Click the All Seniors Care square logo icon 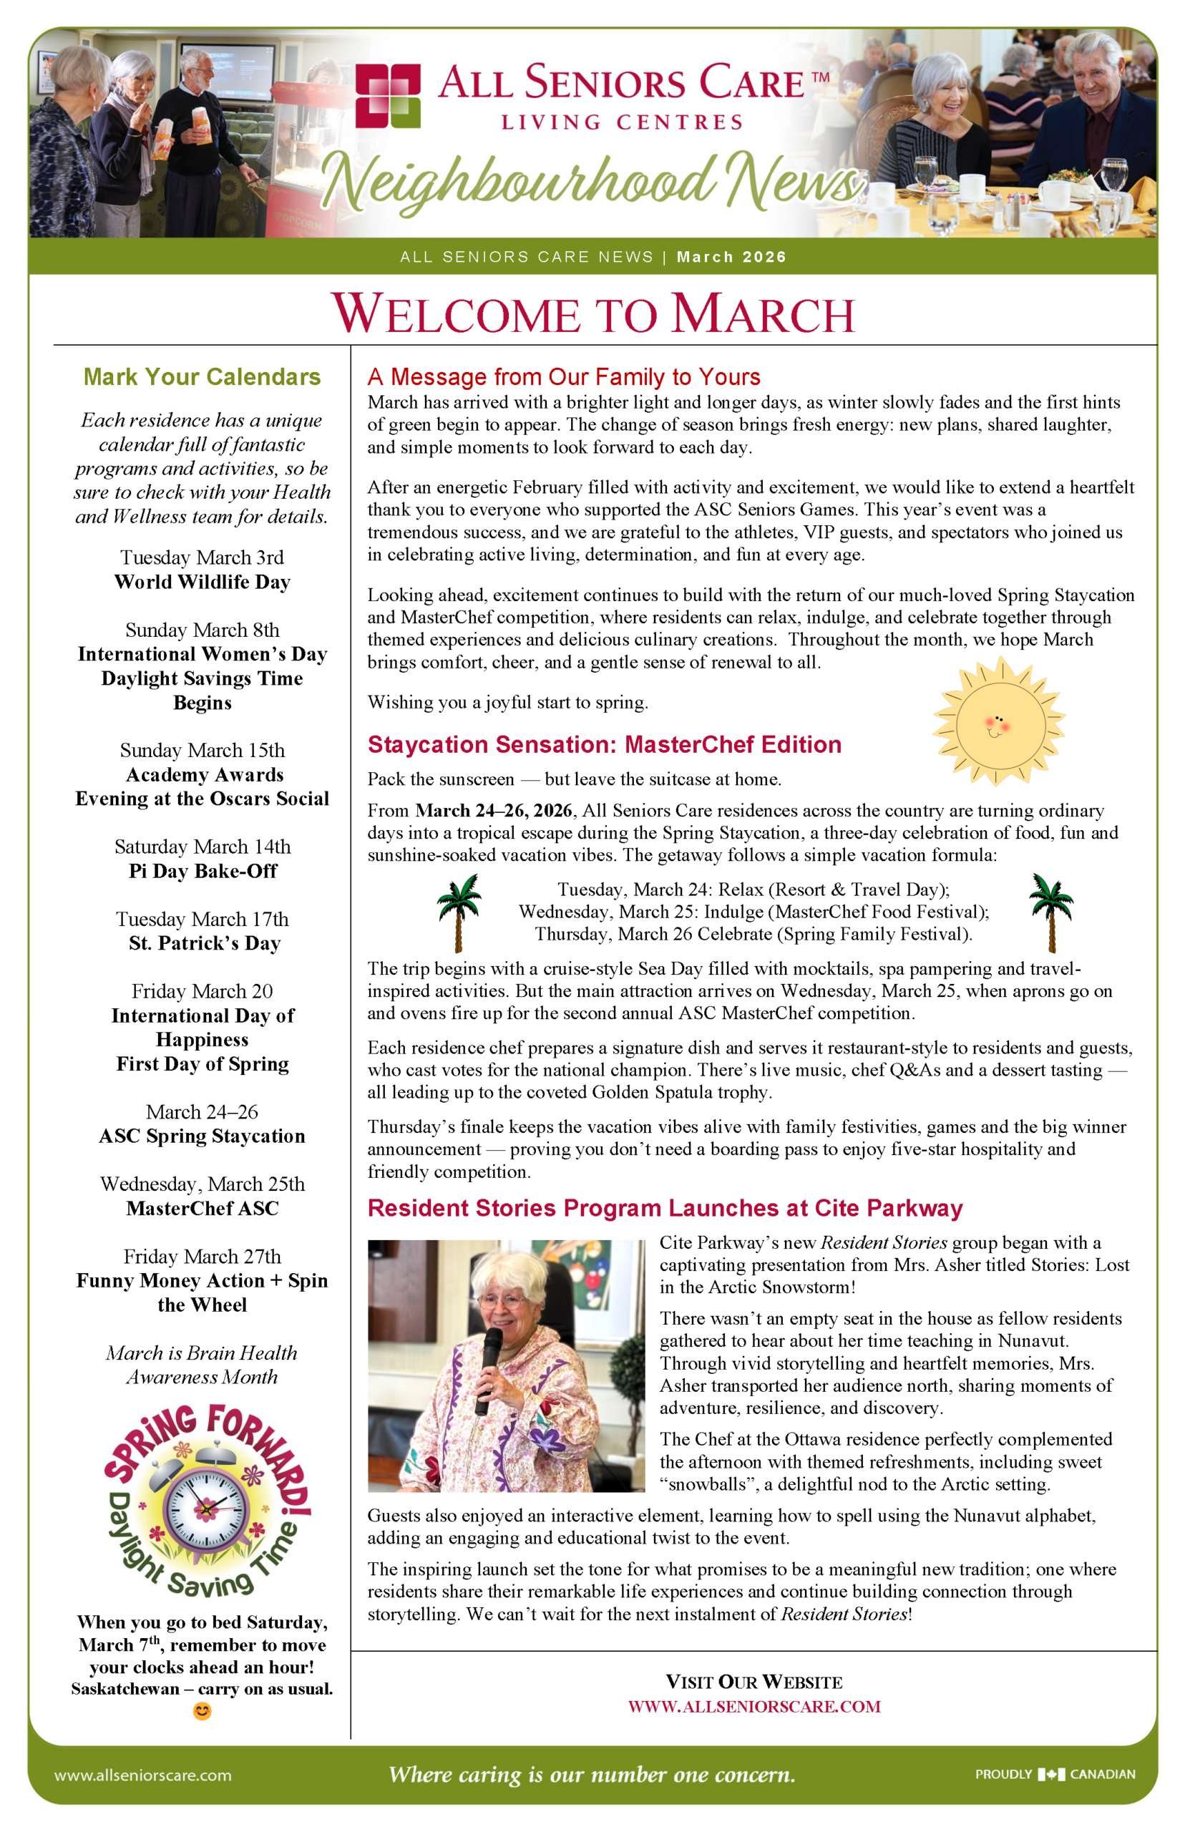[x=388, y=95]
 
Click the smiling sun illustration [x=998, y=722]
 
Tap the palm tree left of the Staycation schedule [x=459, y=912]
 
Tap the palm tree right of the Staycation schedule [x=1051, y=912]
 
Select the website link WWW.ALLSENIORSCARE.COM [x=754, y=1706]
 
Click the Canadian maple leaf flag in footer [x=1051, y=1774]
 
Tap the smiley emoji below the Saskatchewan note [x=203, y=1711]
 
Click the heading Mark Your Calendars [x=202, y=377]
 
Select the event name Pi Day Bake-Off [x=203, y=871]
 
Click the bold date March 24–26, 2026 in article [x=494, y=810]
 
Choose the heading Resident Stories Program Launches [x=665, y=1208]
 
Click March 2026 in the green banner [x=731, y=257]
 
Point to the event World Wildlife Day [x=203, y=582]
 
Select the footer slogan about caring [x=592, y=1774]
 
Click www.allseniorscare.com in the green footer [x=142, y=1775]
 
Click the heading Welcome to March [x=592, y=314]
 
